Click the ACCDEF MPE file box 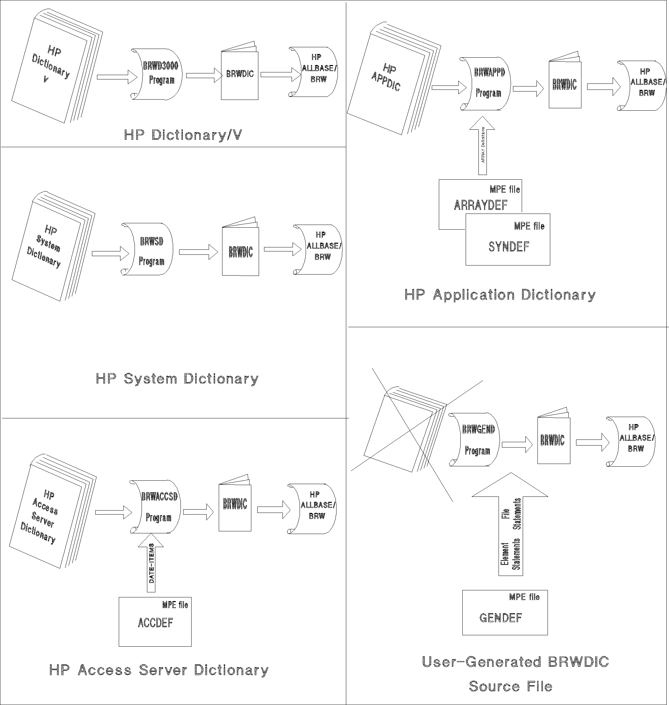click(155, 622)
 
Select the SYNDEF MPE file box click(508, 240)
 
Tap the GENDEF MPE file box click(505, 612)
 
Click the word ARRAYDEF click(480, 205)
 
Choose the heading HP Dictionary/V click(183, 135)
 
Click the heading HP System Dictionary click(177, 379)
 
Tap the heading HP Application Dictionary click(500, 295)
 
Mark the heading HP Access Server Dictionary click(159, 670)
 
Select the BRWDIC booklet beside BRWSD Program click(240, 251)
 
